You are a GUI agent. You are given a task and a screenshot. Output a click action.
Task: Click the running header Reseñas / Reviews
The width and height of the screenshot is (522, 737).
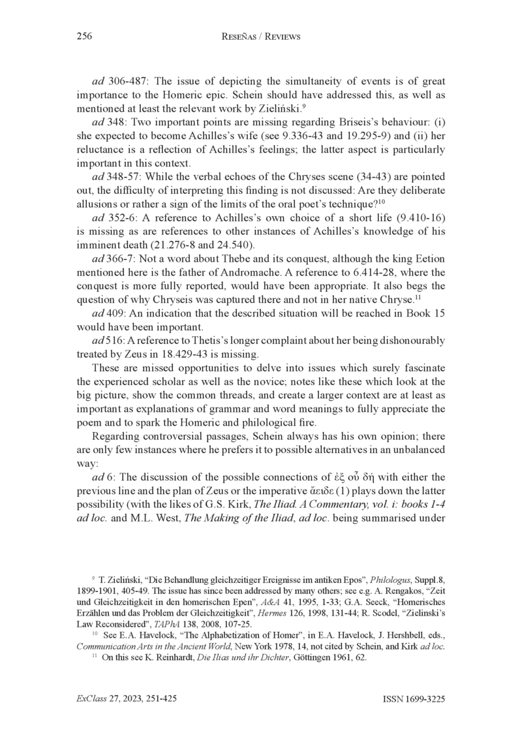(260, 37)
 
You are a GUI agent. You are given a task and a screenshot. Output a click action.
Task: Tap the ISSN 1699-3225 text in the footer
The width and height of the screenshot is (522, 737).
(414, 699)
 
